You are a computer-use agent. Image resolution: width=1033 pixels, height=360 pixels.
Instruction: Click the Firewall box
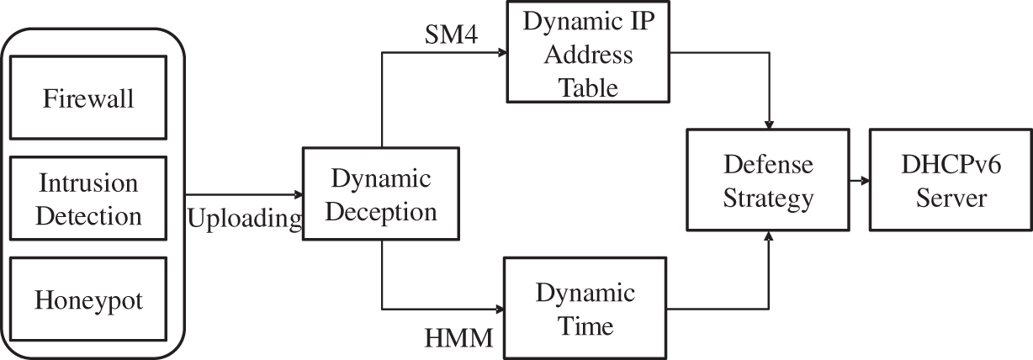[x=88, y=99]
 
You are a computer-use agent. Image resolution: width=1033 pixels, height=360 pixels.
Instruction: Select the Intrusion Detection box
[x=88, y=199]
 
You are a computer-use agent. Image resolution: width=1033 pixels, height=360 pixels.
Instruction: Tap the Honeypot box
[x=88, y=299]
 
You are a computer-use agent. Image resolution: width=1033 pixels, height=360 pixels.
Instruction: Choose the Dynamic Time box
[x=585, y=308]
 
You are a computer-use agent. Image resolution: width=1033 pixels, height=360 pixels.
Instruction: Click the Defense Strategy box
[x=770, y=180]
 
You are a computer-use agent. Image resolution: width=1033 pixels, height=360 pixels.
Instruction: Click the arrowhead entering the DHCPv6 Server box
[x=864, y=180]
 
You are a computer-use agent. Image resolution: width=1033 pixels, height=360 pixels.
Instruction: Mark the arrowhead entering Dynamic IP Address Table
[x=503, y=52]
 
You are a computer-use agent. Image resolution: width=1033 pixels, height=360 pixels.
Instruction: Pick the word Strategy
[x=770, y=199]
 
